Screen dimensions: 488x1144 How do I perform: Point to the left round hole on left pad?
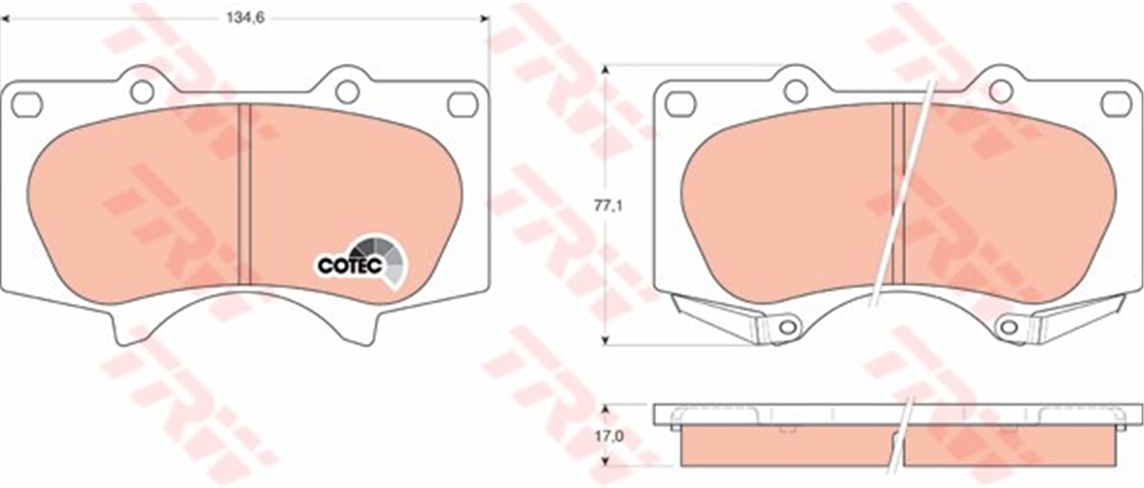[142, 91]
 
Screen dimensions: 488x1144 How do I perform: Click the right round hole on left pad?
[347, 91]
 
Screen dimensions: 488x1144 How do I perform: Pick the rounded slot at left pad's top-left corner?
[28, 104]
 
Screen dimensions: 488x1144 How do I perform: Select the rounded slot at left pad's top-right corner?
[461, 104]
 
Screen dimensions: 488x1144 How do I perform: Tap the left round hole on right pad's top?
[795, 91]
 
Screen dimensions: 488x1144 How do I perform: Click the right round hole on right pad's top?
[1000, 91]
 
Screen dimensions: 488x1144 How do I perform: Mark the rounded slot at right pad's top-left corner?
[680, 104]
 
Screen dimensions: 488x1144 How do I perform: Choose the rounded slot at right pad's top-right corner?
[1114, 104]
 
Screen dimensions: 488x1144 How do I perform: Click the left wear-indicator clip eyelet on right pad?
[786, 328]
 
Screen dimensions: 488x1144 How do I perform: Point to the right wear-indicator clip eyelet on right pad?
[1009, 328]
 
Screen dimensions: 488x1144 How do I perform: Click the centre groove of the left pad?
[243, 191]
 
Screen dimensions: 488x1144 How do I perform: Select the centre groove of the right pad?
[897, 191]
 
